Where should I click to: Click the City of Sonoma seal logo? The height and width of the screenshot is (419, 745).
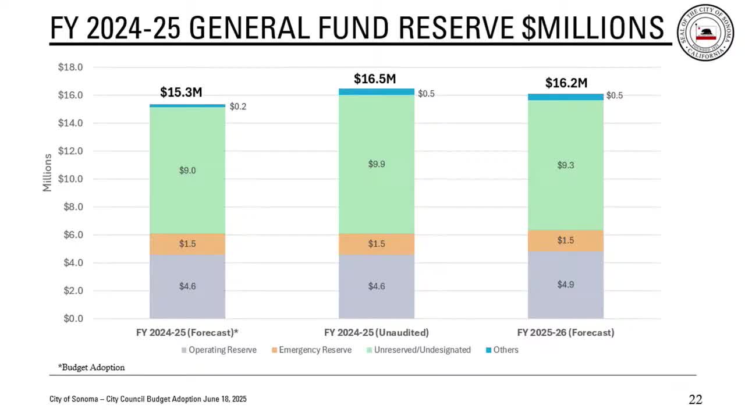pos(705,33)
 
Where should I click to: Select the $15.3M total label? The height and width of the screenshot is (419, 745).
pos(181,92)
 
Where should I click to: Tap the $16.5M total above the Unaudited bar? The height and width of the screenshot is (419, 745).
pos(375,79)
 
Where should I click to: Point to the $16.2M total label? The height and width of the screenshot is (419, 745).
pos(566,83)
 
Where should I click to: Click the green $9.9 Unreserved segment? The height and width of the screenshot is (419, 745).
pos(377,164)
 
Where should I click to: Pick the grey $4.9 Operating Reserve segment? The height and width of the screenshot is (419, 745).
pos(566,285)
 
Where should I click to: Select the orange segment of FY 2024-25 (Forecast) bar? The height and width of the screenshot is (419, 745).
pos(187,244)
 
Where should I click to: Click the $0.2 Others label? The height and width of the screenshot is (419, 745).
pos(237,106)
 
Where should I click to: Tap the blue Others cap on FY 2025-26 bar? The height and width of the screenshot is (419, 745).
pos(566,97)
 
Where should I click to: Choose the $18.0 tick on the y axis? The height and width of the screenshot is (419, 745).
pos(70,68)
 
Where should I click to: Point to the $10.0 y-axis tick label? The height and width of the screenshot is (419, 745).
pos(70,179)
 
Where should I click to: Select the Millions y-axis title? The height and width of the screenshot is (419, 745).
pos(48,172)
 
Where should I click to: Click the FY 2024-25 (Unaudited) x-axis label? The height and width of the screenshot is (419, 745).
pos(376,333)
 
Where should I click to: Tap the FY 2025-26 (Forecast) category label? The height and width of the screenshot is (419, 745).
pos(565,333)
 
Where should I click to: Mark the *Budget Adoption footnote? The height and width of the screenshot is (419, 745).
pos(91,368)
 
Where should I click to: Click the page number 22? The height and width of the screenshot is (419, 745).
pos(696,399)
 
